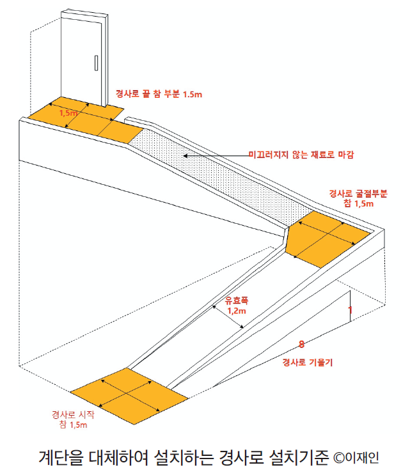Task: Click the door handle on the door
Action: pos(97,63)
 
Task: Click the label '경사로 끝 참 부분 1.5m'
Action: pos(159,94)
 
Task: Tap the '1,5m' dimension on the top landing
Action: pos(68,113)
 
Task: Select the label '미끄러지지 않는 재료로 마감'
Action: pos(301,155)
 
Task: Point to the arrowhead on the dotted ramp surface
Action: pos(185,156)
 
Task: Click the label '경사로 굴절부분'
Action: pos(358,193)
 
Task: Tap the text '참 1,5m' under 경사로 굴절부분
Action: pos(359,204)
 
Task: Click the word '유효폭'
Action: pos(237,301)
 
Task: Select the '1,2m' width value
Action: pos(237,311)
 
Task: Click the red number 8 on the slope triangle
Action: pos(301,344)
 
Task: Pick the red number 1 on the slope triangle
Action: pos(350,309)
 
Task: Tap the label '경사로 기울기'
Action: pos(308,363)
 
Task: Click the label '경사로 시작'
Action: pos(73,414)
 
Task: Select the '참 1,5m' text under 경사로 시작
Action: pos(73,425)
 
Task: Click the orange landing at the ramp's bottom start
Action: pos(129,396)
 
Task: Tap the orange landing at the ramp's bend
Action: pos(327,239)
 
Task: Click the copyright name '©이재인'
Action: pos(356,457)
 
